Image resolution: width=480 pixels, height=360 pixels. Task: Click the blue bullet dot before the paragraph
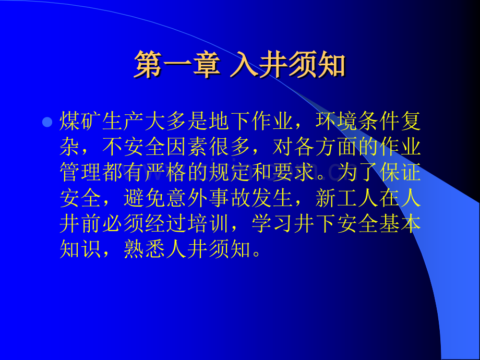[x=47, y=123]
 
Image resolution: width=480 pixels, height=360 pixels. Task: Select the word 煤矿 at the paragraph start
[x=81, y=123]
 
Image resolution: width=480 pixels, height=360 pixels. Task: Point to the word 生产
[x=124, y=123]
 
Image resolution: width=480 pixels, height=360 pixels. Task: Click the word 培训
[x=209, y=225]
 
